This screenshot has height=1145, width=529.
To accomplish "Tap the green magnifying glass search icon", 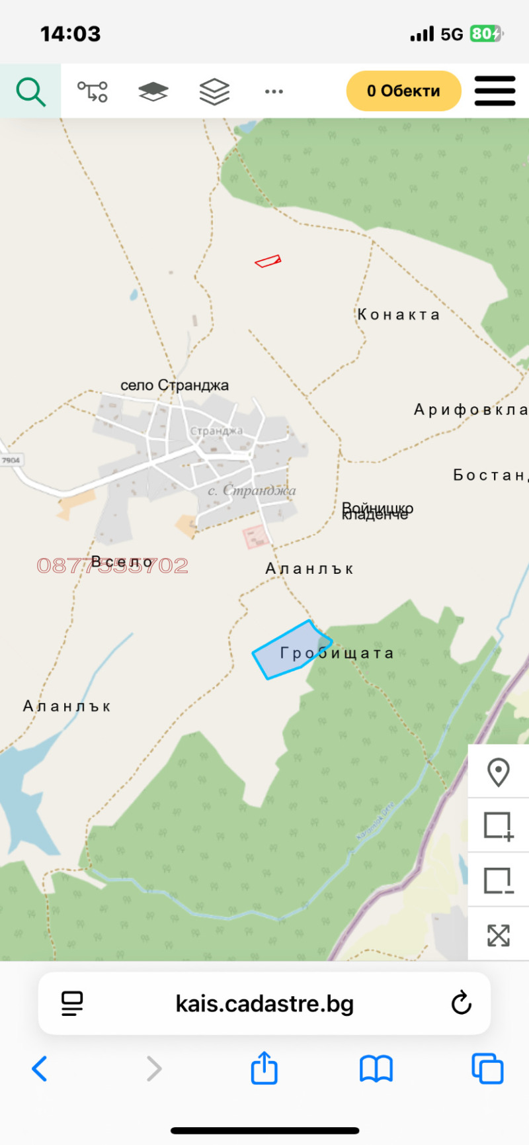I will pyautogui.click(x=30, y=91).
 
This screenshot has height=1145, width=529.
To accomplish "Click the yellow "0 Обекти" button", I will pyautogui.click(x=403, y=91).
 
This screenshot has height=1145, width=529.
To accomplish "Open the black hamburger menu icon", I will pyautogui.click(x=495, y=91).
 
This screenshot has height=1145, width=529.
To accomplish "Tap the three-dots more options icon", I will pyautogui.click(x=274, y=91).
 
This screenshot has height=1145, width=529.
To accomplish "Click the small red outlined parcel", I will pyautogui.click(x=268, y=261).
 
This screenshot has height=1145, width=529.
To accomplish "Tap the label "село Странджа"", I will pyautogui.click(x=175, y=385).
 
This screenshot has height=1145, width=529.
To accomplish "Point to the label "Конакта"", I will pyautogui.click(x=399, y=314).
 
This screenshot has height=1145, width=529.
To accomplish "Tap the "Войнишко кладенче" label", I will pyautogui.click(x=377, y=511).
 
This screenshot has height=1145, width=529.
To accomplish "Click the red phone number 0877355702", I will pyautogui.click(x=112, y=565).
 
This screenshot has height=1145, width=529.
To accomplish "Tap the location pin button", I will pyautogui.click(x=498, y=772).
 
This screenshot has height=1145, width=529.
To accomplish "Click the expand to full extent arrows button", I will pyautogui.click(x=498, y=935).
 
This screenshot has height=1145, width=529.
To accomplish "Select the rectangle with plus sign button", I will pyautogui.click(x=498, y=826).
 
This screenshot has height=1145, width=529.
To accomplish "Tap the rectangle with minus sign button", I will pyautogui.click(x=498, y=881).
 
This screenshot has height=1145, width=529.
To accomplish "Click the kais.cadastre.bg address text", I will pyautogui.click(x=264, y=1003).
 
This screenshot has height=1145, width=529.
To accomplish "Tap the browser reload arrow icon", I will pyautogui.click(x=462, y=1003).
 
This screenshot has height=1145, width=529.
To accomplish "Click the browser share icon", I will pyautogui.click(x=264, y=1068).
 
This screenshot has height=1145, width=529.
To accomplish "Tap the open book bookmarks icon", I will pyautogui.click(x=376, y=1068).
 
